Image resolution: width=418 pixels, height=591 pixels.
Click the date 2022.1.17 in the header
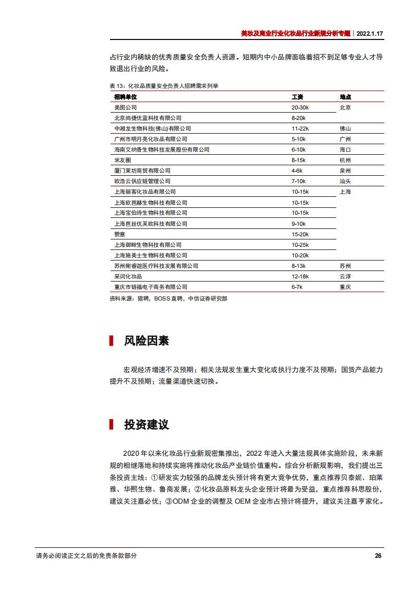(x=370, y=33)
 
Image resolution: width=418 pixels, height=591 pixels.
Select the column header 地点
(x=345, y=97)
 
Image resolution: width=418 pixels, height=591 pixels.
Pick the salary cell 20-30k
(x=300, y=107)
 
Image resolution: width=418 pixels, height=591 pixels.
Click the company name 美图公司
(x=125, y=107)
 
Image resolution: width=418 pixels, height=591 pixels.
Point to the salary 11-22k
(x=300, y=128)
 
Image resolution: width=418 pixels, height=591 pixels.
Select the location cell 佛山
(x=345, y=128)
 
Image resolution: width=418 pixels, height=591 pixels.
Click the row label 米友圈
(x=122, y=160)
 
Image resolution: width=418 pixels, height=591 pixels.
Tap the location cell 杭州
(x=345, y=160)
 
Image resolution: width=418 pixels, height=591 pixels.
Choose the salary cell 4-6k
(x=297, y=171)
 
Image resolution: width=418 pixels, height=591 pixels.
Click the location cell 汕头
(x=345, y=181)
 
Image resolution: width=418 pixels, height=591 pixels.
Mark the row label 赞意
(x=120, y=234)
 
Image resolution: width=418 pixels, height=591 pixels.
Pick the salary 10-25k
(x=300, y=245)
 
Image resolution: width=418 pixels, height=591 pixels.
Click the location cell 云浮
(x=345, y=276)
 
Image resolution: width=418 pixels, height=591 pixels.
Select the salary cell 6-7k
(x=297, y=287)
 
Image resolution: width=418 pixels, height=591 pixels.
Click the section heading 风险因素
(x=146, y=340)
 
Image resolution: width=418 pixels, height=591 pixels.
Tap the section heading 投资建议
(x=146, y=425)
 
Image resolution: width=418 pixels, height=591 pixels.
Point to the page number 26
(x=378, y=556)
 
